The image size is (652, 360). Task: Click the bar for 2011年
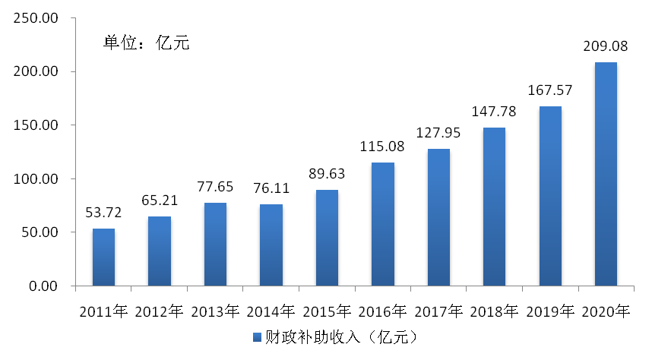click(x=103, y=257)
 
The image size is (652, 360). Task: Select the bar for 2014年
click(x=271, y=245)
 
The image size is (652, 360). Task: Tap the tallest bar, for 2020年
click(x=605, y=174)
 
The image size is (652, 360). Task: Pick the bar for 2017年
click(x=438, y=217)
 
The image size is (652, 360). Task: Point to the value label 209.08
click(x=605, y=46)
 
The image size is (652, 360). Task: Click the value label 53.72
click(x=103, y=213)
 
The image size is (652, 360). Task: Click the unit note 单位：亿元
click(x=146, y=43)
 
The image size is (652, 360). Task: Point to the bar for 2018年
click(x=494, y=207)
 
